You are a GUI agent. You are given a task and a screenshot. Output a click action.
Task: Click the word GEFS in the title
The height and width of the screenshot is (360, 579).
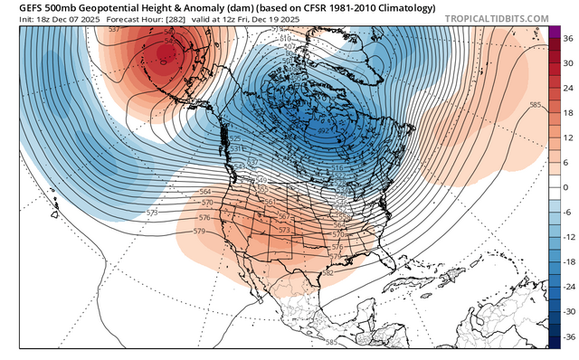tap(16, 7)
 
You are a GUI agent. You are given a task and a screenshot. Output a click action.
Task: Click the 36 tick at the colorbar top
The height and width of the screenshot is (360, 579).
tap(568, 39)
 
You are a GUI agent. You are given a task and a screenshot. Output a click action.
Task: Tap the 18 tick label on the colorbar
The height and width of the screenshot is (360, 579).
tap(568, 113)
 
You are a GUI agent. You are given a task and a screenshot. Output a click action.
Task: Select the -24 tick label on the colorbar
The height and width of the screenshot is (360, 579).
tap(567, 285)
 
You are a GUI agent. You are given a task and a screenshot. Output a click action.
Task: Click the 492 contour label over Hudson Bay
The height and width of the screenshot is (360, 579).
tap(324, 131)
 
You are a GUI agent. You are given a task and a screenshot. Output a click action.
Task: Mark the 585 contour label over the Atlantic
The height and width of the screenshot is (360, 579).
tap(535, 106)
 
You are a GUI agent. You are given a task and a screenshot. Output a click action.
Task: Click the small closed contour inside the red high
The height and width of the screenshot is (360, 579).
tap(163, 62)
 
